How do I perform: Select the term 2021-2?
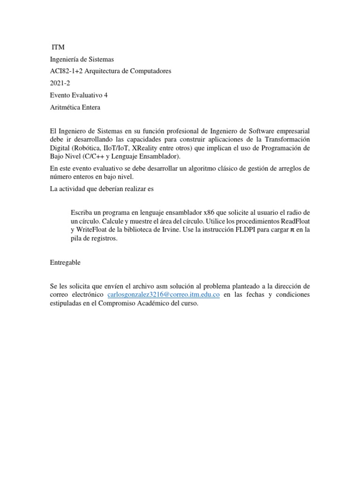(x=60, y=83)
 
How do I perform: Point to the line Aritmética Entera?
(x=75, y=107)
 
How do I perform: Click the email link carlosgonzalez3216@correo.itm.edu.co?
(x=164, y=294)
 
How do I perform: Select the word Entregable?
(x=65, y=262)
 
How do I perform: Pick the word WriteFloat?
(x=93, y=230)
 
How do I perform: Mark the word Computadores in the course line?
(x=150, y=71)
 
